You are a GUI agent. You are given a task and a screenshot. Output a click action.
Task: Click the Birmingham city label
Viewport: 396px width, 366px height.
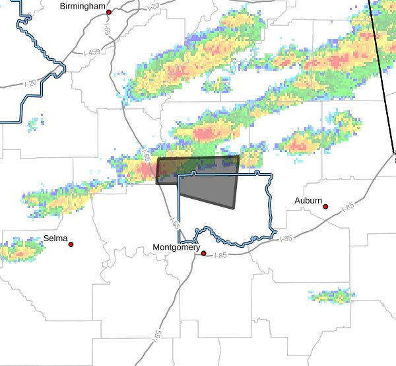pyautogui.click(x=82, y=6)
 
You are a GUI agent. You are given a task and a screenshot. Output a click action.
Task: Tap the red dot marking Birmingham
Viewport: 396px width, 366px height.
pyautogui.click(x=109, y=12)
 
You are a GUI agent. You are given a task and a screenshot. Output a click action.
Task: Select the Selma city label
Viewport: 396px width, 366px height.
pyautogui.click(x=55, y=238)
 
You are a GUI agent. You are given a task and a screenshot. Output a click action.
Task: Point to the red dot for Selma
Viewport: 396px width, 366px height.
pyautogui.click(x=71, y=244)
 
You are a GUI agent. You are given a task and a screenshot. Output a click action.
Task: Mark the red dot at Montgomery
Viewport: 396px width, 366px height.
pyautogui.click(x=204, y=253)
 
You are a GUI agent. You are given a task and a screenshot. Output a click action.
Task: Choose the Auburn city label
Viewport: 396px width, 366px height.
pyautogui.click(x=309, y=200)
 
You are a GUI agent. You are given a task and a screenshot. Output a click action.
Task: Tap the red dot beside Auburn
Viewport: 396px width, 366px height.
pyautogui.click(x=325, y=207)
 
